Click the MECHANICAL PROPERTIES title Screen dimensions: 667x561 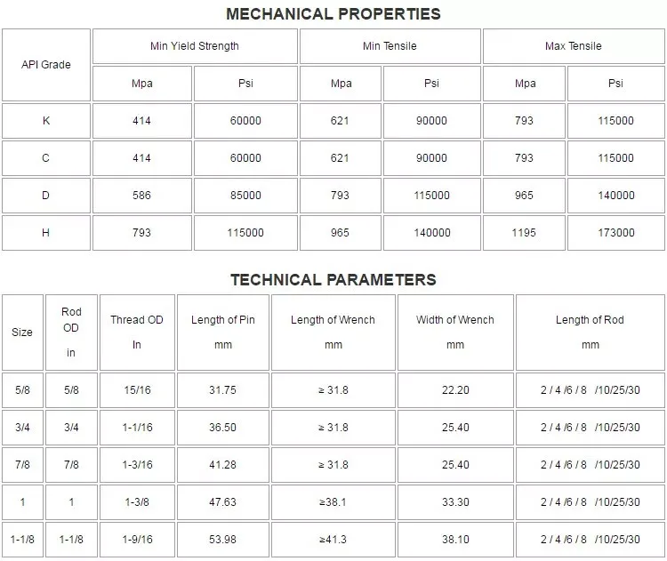[x=333, y=13]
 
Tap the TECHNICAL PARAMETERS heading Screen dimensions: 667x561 [x=333, y=279]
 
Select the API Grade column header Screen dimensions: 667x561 [x=46, y=64]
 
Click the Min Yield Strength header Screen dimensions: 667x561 [x=195, y=46]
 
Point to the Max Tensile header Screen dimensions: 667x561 [x=573, y=46]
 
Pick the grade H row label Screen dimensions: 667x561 [x=46, y=233]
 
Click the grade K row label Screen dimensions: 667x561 [x=46, y=121]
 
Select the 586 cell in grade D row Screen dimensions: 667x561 [x=141, y=196]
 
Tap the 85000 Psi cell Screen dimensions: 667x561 [x=245, y=196]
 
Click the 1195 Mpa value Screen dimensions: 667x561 [x=525, y=233]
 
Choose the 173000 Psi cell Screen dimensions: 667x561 [x=615, y=233]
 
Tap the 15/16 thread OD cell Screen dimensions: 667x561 [x=137, y=390]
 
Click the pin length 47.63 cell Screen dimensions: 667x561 [x=222, y=502]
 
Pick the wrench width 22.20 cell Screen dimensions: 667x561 [x=455, y=390]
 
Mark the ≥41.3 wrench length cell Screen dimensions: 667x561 [x=333, y=540]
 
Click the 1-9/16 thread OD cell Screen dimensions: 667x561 [x=137, y=540]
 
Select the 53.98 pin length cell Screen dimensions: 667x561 [x=222, y=540]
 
